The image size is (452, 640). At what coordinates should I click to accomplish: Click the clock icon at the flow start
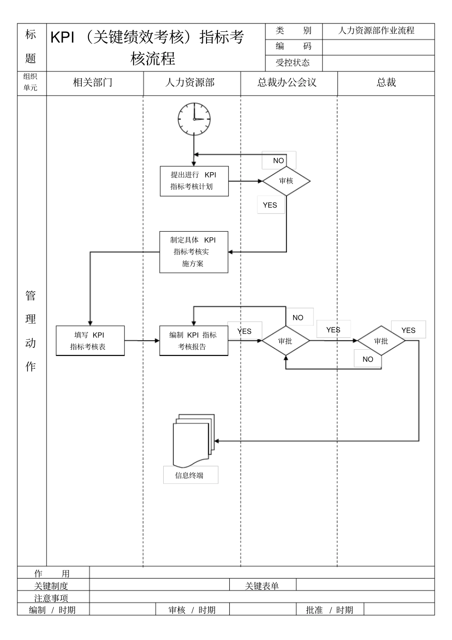pyautogui.click(x=194, y=118)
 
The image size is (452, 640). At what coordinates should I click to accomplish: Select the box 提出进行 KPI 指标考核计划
pyautogui.click(x=194, y=181)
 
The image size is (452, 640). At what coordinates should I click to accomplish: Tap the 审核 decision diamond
pyautogui.click(x=286, y=181)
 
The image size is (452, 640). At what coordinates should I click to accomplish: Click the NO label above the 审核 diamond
pyautogui.click(x=279, y=161)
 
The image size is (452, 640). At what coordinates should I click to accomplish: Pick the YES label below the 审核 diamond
pyautogui.click(x=270, y=205)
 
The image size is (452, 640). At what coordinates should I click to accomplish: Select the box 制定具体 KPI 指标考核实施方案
pyautogui.click(x=194, y=252)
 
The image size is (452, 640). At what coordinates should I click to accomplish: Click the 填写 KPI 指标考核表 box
pyautogui.click(x=90, y=341)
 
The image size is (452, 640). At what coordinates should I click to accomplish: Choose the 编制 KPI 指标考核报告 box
pyautogui.click(x=194, y=341)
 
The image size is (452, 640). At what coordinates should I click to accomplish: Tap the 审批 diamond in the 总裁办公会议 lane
pyautogui.click(x=286, y=341)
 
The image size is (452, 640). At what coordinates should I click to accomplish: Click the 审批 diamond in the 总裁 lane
pyautogui.click(x=381, y=341)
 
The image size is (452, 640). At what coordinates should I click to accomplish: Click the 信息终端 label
pyautogui.click(x=190, y=475)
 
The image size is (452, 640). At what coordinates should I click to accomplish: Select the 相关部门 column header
pyautogui.click(x=93, y=83)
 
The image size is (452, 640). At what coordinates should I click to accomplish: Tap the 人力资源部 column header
pyautogui.click(x=190, y=83)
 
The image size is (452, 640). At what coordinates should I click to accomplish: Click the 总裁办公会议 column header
pyautogui.click(x=287, y=83)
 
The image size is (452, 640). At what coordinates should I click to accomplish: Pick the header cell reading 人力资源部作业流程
pyautogui.click(x=377, y=31)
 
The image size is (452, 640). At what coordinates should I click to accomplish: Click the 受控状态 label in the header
pyautogui.click(x=293, y=63)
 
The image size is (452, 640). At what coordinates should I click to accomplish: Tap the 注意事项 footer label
pyautogui.click(x=51, y=598)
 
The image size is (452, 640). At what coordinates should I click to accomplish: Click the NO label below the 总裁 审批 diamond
pyautogui.click(x=368, y=359)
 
